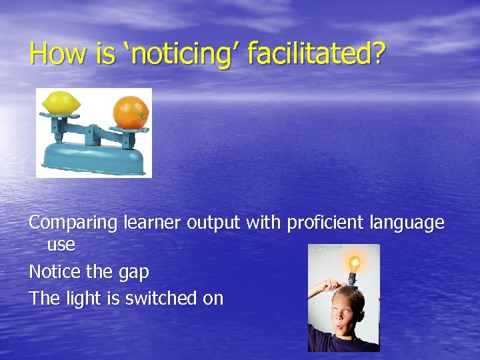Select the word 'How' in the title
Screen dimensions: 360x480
[59, 53]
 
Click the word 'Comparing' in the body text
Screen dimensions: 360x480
[74, 223]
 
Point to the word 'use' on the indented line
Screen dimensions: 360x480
[61, 245]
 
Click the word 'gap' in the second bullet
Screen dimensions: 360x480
[133, 272]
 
